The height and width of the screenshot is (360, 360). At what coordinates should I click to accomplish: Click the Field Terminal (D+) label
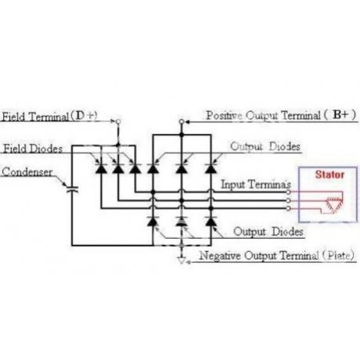49,116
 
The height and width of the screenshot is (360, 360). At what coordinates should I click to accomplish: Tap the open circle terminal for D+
118,121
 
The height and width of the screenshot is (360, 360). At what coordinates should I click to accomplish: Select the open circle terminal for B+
182,121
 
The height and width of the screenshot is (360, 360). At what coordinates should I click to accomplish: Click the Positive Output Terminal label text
281,115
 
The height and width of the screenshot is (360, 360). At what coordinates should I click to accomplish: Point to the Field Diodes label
33,149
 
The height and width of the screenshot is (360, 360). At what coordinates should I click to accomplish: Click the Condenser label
27,172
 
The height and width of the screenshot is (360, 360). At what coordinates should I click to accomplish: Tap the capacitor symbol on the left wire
72,189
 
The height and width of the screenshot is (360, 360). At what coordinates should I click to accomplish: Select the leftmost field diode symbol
101,169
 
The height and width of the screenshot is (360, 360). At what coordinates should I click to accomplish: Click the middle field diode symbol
118,169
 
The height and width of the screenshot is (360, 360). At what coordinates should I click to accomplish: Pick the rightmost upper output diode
211,169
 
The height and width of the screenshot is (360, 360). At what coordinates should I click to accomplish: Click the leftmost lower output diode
153,221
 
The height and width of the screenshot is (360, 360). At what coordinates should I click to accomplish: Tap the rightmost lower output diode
211,221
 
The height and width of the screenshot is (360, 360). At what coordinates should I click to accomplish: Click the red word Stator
329,175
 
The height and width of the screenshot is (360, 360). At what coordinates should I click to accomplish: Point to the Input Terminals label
256,185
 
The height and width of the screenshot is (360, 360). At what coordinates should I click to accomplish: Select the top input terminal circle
288,193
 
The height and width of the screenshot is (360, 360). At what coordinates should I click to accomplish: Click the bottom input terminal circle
288,208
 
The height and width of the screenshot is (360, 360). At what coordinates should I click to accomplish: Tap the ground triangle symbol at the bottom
182,261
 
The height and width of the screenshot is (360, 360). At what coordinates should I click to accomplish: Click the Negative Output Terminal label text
277,255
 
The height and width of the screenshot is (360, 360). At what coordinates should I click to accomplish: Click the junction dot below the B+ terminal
182,135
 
